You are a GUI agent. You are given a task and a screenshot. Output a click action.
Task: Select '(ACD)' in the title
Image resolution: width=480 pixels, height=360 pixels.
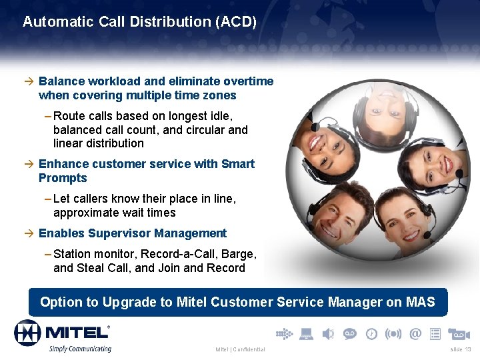click(235, 21)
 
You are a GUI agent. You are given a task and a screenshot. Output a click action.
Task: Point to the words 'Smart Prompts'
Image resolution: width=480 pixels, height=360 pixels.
click(63, 171)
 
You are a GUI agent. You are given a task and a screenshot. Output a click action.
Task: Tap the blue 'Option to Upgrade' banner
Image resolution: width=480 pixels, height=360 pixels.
click(237, 302)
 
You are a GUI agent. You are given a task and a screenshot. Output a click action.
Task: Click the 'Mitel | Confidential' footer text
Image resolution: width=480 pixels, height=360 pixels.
click(240, 349)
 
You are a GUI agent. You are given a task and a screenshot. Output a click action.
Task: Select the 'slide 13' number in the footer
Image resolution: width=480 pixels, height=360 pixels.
click(460, 349)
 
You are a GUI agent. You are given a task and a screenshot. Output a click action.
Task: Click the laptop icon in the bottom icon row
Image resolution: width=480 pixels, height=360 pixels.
click(306, 333)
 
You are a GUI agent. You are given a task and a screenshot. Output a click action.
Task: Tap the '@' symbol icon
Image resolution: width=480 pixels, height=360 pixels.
click(415, 333)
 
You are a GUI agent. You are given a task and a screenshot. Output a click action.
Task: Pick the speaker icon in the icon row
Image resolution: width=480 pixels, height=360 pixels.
click(328, 333)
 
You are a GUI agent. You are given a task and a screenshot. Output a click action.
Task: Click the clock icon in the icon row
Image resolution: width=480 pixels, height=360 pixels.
click(371, 333)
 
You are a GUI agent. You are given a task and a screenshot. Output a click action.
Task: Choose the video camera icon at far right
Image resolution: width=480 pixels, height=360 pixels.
click(459, 333)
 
